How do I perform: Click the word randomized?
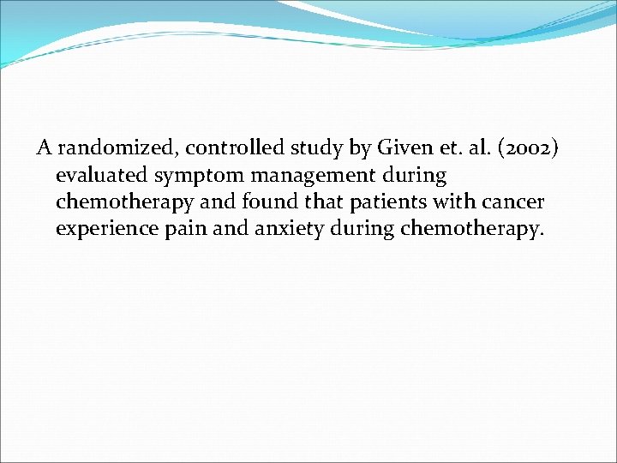117,148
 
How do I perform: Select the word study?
318,148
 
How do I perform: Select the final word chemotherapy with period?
473,231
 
